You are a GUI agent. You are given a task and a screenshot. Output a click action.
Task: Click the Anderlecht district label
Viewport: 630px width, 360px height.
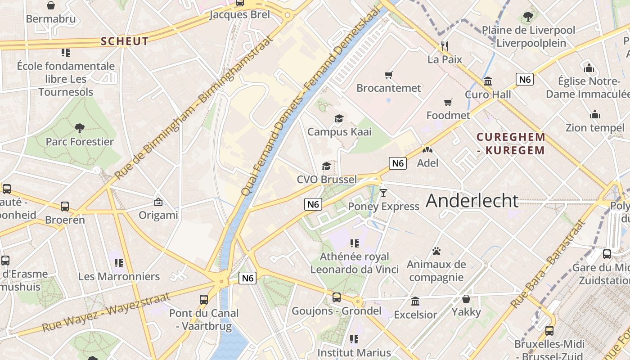tap(472, 201)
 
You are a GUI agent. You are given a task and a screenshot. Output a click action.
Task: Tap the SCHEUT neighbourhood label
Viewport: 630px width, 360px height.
tap(125, 41)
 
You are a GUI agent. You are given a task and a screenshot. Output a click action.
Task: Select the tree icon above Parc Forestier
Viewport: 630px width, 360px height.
tap(80, 128)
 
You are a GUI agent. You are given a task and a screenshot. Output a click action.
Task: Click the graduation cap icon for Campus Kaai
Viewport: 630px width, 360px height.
tap(339, 119)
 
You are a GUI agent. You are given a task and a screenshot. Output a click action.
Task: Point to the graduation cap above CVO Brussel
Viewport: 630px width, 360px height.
tap(326, 166)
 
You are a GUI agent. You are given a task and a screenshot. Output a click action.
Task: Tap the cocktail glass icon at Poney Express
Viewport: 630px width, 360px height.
tap(383, 193)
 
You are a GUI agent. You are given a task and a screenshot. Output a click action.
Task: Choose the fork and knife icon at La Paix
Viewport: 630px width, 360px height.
tap(445, 46)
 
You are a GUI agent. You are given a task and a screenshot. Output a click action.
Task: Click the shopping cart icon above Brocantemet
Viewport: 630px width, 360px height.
tap(388, 75)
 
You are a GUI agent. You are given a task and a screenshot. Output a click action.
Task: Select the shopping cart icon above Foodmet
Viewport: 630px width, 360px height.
tap(448, 103)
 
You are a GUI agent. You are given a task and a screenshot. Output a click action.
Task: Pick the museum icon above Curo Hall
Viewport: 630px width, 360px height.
tap(487, 81)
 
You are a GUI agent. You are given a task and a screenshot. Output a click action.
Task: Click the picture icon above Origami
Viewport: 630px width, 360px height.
tap(158, 202)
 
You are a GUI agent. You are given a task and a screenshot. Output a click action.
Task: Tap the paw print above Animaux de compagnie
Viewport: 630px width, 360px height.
tap(436, 251)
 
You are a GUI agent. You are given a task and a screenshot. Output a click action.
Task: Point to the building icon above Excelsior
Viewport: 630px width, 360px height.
tap(415, 301)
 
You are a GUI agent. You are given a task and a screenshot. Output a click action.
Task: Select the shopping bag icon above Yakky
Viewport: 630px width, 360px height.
tap(466, 299)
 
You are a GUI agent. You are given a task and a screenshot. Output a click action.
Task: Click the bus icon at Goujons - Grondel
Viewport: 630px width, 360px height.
tap(336, 297)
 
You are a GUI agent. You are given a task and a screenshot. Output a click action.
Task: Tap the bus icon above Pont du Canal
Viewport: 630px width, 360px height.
tap(203, 300)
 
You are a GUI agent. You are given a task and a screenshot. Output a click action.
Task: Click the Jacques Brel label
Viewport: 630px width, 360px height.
tap(240, 14)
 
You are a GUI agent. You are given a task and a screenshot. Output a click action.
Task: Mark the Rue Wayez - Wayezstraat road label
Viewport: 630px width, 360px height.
tap(106, 311)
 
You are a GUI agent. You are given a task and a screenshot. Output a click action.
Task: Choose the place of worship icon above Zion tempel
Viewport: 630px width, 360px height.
tap(595, 115)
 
